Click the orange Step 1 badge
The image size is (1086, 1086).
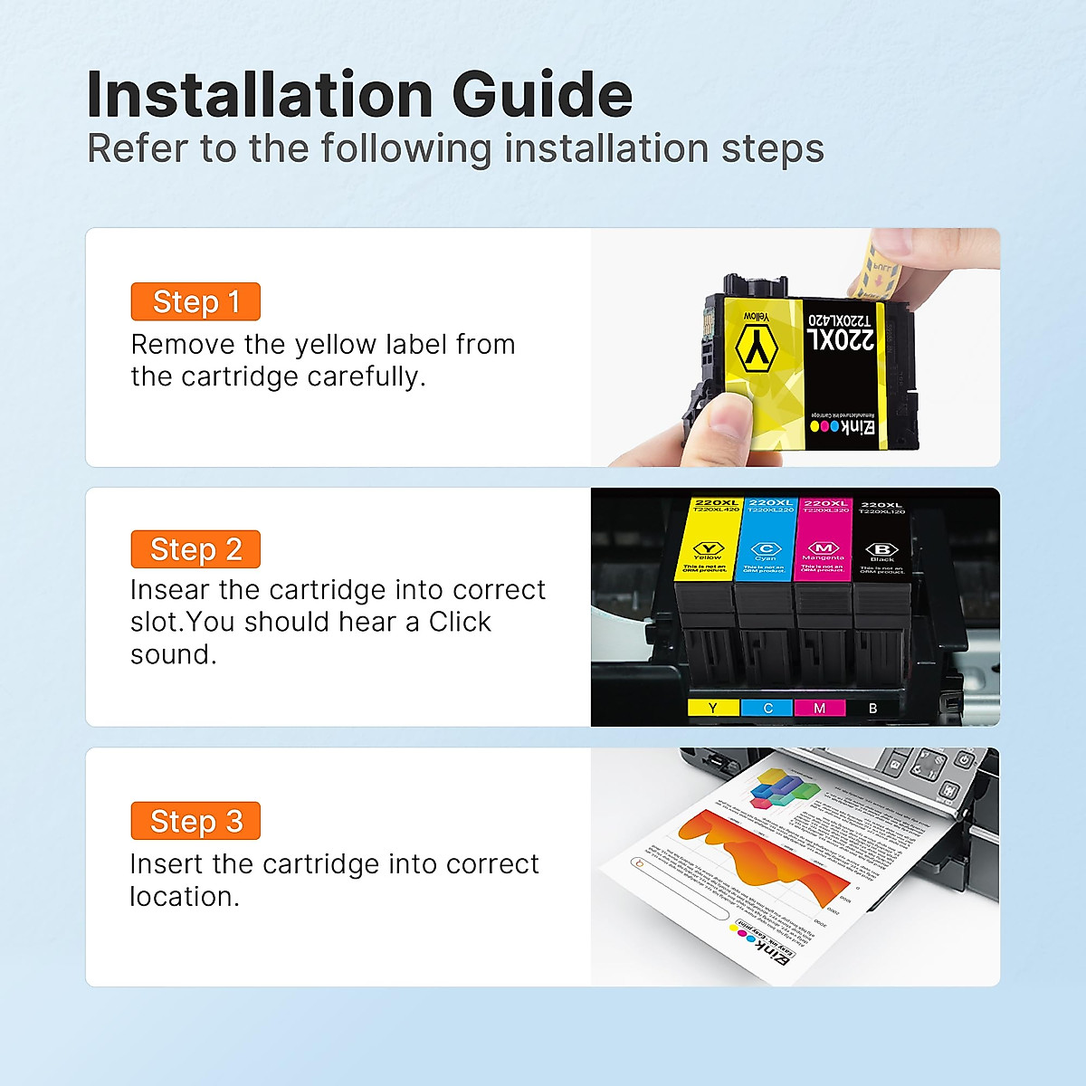[195, 301]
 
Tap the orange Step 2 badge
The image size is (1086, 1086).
[195, 549]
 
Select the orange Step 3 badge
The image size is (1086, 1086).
[195, 821]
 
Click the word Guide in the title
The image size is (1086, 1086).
[541, 94]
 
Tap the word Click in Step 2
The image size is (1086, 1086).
[460, 623]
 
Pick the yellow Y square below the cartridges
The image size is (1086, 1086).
[713, 708]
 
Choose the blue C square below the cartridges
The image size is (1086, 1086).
[767, 708]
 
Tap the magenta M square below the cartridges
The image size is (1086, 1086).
[819, 708]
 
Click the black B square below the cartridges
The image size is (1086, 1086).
[872, 708]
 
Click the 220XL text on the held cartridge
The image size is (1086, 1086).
[841, 340]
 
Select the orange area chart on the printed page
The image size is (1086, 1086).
[760, 855]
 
